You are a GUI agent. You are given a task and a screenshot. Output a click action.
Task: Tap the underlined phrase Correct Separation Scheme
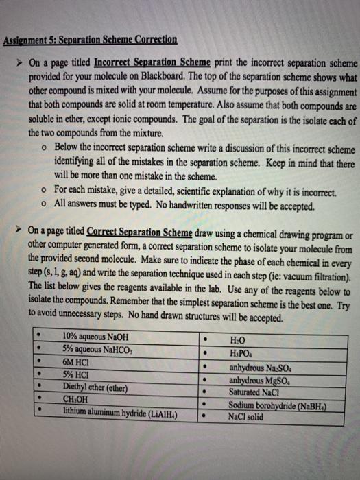click(140, 232)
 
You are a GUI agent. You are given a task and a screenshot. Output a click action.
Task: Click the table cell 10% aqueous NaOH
click(95, 337)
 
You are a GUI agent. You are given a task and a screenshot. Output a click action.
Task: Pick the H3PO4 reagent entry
click(245, 351)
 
